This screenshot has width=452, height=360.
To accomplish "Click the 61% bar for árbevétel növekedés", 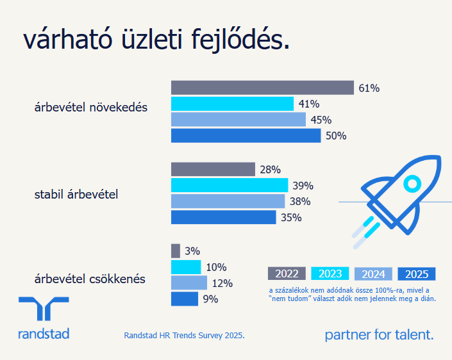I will coord(262,88).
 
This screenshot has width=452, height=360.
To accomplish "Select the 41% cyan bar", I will coord(232,104).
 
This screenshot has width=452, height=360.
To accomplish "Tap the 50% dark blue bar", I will coord(246,136).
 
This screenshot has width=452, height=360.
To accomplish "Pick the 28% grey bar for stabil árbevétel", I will coord(213,169).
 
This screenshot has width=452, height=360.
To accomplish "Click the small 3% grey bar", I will coord(176,251).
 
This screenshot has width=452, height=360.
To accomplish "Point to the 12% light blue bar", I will coord(189,283).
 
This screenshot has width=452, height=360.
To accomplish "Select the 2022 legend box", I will coord(287,274).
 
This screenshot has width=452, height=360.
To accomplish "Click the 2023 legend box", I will coord(330,274).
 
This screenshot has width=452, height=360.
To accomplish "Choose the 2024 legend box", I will coord(373,274).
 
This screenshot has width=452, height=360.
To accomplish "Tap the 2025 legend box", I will coord(417,274).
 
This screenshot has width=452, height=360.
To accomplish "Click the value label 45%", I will coord(321,120).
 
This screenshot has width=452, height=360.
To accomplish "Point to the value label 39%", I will coord(303,186).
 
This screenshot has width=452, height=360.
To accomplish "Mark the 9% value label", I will coord(210,299).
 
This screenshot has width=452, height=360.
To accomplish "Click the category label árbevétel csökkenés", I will coord(90,279).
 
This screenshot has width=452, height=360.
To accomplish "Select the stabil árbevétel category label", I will coord(76,193).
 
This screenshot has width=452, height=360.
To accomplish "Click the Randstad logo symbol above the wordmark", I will coord(44,309).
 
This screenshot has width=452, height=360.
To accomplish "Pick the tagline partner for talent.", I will coord(379,334).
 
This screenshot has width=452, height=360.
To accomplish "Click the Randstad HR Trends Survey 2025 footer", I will coord(184,335).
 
